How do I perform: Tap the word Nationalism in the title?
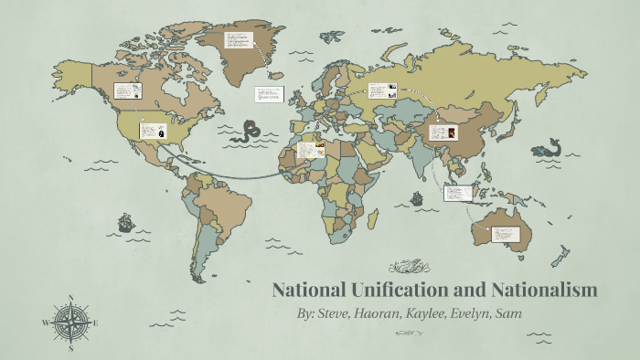pyautogui.click(x=545, y=291)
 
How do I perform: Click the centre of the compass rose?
pyautogui.click(x=71, y=322)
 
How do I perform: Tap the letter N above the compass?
pyautogui.click(x=71, y=297)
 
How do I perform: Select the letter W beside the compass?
pyautogui.click(x=46, y=323)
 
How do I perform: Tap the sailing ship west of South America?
pyautogui.click(x=125, y=222)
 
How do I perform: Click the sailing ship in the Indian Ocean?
pyautogui.click(x=416, y=197)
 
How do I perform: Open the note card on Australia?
pyautogui.click(x=507, y=235)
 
